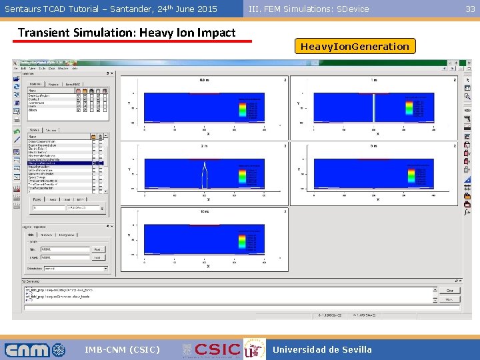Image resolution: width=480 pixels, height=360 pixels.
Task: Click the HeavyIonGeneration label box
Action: pos(355,47)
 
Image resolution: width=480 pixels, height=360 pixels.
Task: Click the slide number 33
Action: pos(470,9)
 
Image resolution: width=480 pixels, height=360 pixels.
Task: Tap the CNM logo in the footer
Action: pos(35,349)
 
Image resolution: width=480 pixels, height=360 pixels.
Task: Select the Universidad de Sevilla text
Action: pos(322,349)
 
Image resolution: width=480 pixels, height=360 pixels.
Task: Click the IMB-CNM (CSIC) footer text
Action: pos(122,349)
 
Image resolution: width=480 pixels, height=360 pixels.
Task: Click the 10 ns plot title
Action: pos(204,211)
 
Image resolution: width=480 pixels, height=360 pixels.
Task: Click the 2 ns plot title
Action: pos(204,145)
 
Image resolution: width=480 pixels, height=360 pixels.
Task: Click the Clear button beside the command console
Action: pos(449,291)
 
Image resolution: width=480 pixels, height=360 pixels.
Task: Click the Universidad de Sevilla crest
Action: pos(253,349)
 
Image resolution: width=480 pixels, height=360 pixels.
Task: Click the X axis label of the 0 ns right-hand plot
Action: pos(377,199)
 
